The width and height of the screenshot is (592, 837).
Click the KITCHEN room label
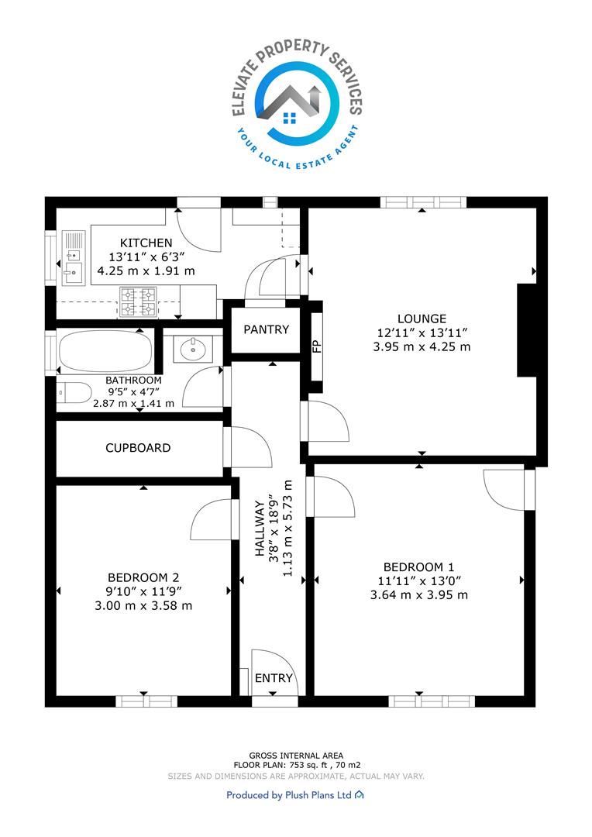pos(146,243)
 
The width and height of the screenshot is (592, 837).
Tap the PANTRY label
pos(266,329)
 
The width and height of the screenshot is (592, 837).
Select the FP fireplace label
pos(317,346)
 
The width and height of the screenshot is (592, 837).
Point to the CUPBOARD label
pos(138,448)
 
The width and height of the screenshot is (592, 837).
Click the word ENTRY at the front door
pos(274,678)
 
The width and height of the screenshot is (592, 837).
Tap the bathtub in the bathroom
pos(105,352)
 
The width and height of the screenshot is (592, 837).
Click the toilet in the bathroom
pos(74,394)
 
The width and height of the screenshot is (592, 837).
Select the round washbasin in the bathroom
pos(192,350)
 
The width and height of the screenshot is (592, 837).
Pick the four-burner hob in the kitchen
pos(138,302)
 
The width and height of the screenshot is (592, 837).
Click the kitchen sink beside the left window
pos(73,258)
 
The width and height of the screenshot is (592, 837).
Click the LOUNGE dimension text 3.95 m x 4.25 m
pos(422,346)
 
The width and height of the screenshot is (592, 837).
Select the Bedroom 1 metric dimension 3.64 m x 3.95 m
pos(419,594)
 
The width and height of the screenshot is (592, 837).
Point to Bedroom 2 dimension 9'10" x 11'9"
pos(143,591)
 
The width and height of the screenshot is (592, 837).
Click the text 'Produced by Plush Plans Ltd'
pos(289,795)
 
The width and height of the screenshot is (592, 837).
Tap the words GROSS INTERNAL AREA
pos(296,756)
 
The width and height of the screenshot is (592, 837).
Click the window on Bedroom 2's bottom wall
pos(146,701)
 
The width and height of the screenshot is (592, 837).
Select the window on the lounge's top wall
pos(423,202)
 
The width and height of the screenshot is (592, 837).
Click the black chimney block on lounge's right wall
pos(527,330)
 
